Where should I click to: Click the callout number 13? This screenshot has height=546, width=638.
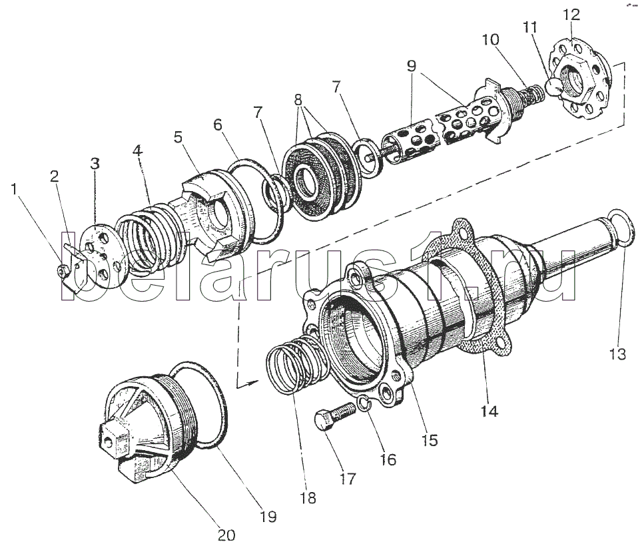pos(617,354)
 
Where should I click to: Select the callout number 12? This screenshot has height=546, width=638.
pos(571,15)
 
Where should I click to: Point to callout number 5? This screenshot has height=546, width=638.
pos(178,137)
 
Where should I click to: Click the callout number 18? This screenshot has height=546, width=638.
pos(308,497)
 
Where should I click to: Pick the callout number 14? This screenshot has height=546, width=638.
pos(489,411)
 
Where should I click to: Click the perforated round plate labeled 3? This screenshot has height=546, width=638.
pos(99,257)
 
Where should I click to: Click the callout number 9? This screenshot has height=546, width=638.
pos(412,66)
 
